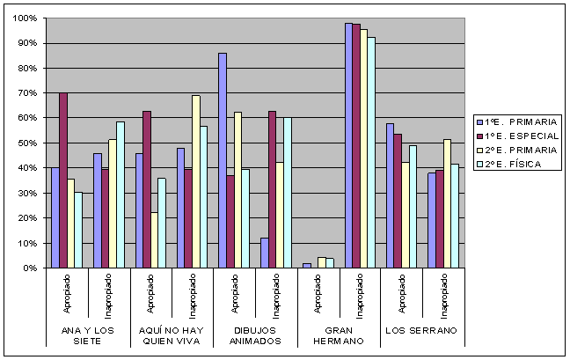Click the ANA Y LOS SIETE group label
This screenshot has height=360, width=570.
pos(87,335)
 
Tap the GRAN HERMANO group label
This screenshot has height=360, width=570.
pos(340,335)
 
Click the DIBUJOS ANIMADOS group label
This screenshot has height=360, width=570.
pos(256,335)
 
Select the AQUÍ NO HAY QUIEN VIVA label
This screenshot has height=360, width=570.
pos(172,335)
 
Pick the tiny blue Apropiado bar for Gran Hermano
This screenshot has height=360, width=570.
pos(307,265)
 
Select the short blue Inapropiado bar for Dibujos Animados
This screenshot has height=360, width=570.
pos(265,253)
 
